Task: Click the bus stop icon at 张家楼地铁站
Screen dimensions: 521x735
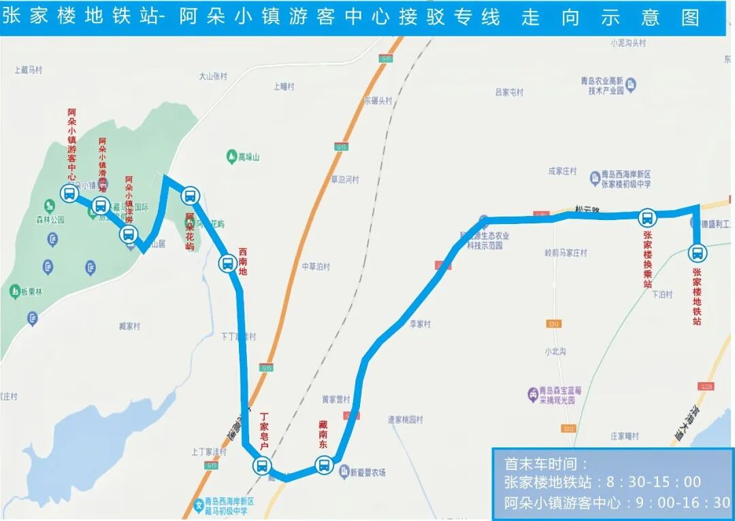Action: (698, 253)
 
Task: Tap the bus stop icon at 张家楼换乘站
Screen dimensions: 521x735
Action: (647, 218)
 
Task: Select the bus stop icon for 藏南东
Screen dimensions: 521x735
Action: (324, 466)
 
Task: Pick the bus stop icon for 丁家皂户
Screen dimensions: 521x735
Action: (261, 466)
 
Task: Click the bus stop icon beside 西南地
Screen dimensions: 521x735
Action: (227, 263)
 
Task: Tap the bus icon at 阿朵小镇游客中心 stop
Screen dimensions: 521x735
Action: (69, 193)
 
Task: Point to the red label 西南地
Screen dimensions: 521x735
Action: (244, 262)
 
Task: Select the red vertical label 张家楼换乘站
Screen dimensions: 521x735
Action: (647, 259)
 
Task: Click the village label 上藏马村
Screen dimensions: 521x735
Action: (29, 69)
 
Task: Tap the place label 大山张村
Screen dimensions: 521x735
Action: (213, 77)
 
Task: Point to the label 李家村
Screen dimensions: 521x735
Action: (420, 324)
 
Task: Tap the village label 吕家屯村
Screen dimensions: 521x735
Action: (509, 92)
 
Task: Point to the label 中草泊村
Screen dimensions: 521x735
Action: (316, 266)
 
